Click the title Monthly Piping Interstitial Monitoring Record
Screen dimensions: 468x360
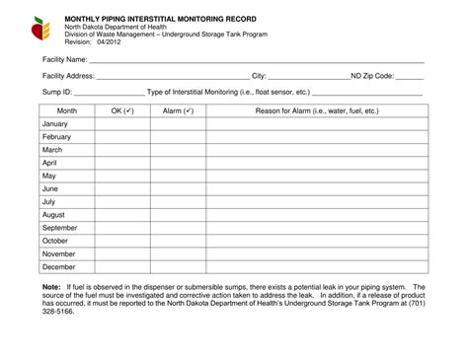click(x=164, y=19)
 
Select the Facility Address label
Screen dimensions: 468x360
click(x=68, y=75)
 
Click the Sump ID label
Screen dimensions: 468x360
click(x=56, y=91)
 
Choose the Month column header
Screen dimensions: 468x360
click(x=66, y=111)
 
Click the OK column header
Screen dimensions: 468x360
click(x=122, y=111)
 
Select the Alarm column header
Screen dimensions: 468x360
click(x=178, y=111)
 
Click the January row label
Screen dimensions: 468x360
click(x=55, y=124)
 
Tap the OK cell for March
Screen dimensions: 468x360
click(x=122, y=150)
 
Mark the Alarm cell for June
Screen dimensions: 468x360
click(x=178, y=188)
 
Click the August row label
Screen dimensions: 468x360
click(x=53, y=214)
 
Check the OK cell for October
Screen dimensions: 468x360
click(x=122, y=241)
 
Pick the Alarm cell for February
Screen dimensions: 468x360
click(x=178, y=137)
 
